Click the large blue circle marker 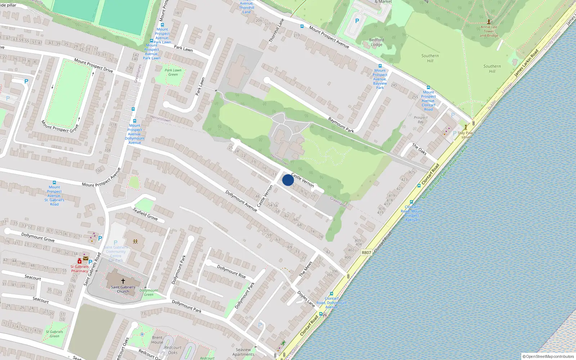pyautogui.click(x=288, y=180)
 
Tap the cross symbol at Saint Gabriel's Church pyautogui.click(x=123, y=281)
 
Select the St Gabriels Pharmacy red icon pyautogui.click(x=80, y=261)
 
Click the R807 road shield pyautogui.click(x=366, y=253)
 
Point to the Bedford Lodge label pyautogui.click(x=377, y=42)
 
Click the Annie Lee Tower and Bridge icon pyautogui.click(x=489, y=22)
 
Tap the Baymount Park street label pyautogui.click(x=341, y=125)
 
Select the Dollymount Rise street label pyautogui.click(x=231, y=271)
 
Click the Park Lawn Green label pyautogui.click(x=173, y=72)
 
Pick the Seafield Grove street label pyautogui.click(x=145, y=214)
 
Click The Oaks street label pyautogui.click(x=419, y=149)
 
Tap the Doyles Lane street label pyautogui.click(x=306, y=298)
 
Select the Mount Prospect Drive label pyautogui.click(x=94, y=65)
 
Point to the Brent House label pyautogui.click(x=157, y=340)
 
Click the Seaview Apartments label pyautogui.click(x=243, y=352)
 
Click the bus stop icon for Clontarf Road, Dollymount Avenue pyautogui.click(x=332, y=294)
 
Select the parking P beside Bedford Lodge pyautogui.click(x=357, y=21)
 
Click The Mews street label pyautogui.click(x=306, y=269)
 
